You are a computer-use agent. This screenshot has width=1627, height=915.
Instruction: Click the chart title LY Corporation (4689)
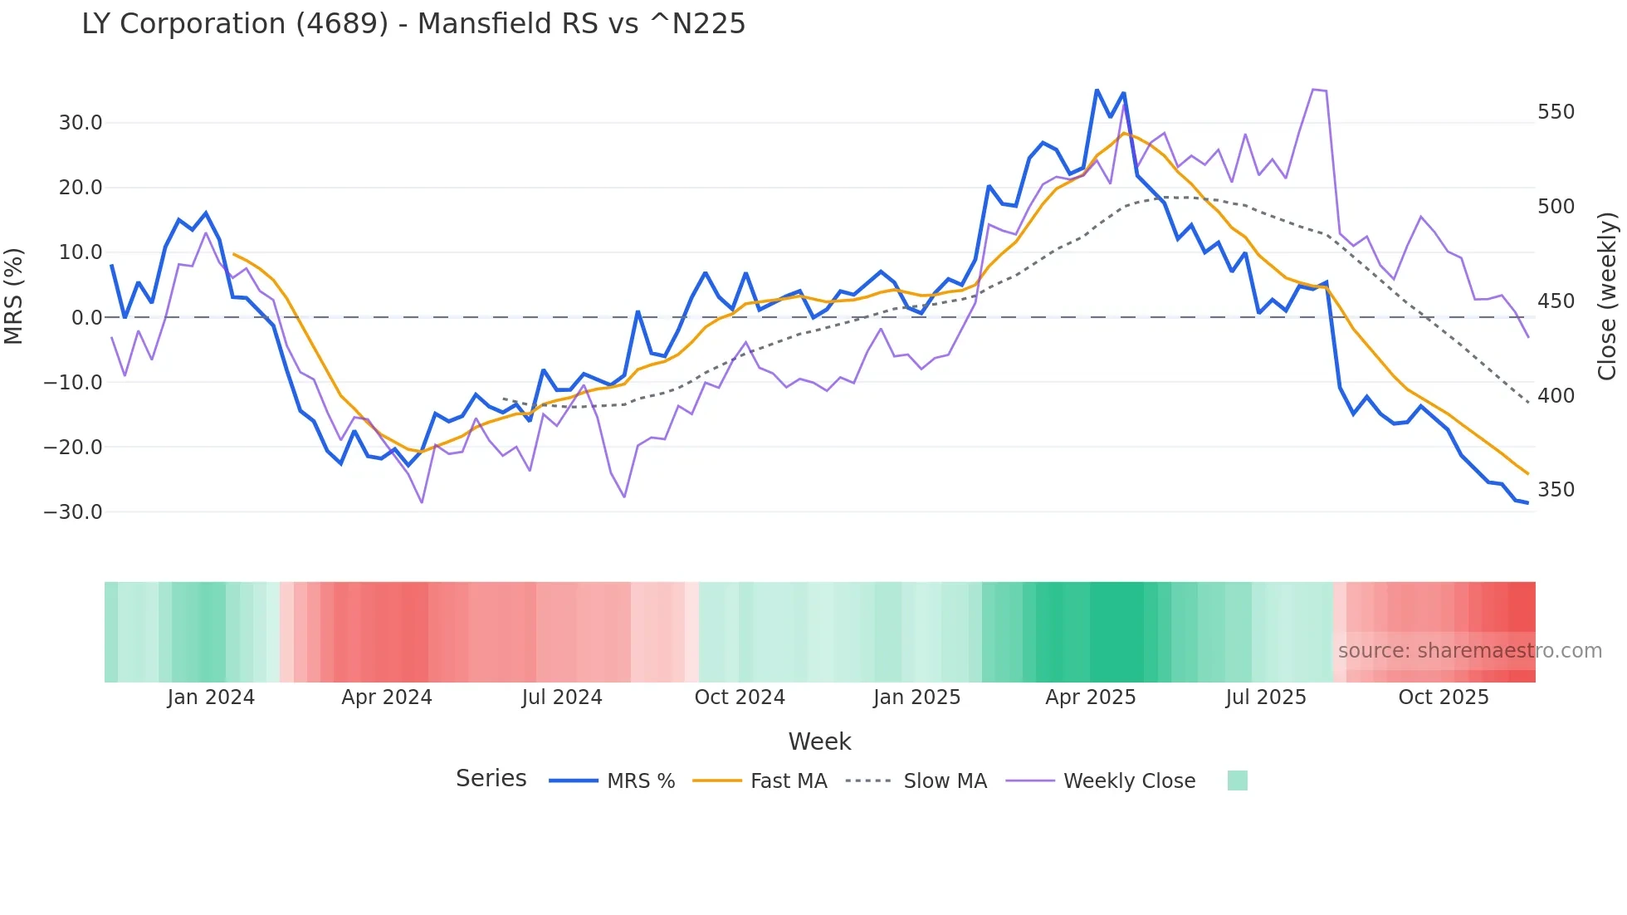coord(413,24)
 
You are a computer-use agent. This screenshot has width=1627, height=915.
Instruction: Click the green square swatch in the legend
coord(1237,780)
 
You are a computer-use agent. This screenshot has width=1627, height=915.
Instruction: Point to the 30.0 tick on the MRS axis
coord(81,123)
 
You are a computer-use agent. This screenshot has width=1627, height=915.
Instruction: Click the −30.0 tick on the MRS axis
coord(73,512)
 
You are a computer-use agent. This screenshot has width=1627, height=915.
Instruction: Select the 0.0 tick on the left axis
coord(86,318)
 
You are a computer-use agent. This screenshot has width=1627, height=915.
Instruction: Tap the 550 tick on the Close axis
coord(1556,112)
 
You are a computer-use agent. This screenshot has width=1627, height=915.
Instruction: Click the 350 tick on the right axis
coord(1556,490)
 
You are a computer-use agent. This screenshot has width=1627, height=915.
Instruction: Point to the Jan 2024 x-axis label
coord(211,697)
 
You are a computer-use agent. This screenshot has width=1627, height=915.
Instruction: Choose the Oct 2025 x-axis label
coord(1444,697)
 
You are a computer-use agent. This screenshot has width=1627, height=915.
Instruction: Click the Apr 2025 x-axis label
coord(1090,697)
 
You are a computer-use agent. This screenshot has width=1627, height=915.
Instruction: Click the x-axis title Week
coord(819,741)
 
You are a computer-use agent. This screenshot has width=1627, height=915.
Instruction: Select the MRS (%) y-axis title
coord(14,296)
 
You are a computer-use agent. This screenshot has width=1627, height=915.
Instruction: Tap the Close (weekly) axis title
coord(1608,296)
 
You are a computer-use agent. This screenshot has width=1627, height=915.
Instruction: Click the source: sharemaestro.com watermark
coord(1469,651)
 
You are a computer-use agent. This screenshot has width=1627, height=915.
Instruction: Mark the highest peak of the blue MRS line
coord(1097,90)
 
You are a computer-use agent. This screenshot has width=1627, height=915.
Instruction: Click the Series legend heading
coord(491,779)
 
